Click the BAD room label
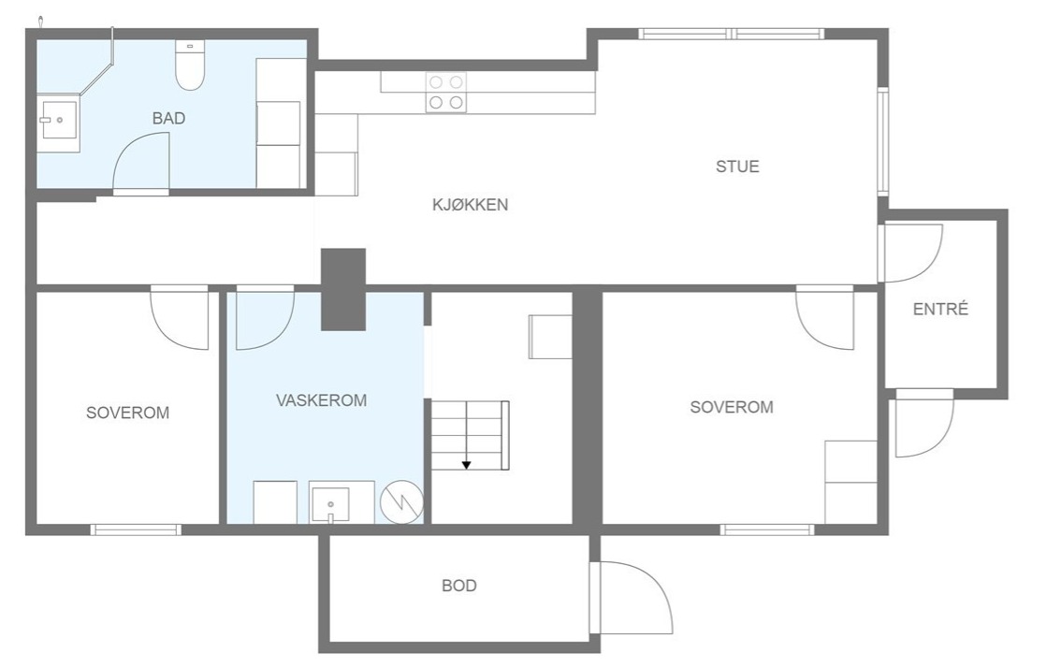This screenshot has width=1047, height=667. coord(168,118)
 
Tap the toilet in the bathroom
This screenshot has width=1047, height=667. coord(190,65)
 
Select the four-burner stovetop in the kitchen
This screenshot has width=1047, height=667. coord(446,92)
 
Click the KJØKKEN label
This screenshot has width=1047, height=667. coord(470,204)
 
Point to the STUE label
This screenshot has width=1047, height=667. coord(737,167)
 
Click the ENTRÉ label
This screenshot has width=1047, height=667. coord(940,309)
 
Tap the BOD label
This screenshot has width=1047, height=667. coord(458,586)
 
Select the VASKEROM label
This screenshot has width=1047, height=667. coord(321,400)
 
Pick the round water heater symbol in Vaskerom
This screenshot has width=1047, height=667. coord(402,501)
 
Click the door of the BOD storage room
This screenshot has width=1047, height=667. coord(632,598)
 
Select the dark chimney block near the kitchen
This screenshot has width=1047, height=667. coord(343,289)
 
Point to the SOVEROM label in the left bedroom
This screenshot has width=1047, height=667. coord(127,413)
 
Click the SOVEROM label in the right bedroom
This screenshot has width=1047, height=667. coord(731,407)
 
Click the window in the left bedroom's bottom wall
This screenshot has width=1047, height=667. coord(137,529)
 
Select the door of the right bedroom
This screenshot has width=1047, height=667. coord(824,318)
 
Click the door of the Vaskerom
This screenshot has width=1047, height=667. coord(265,318)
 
